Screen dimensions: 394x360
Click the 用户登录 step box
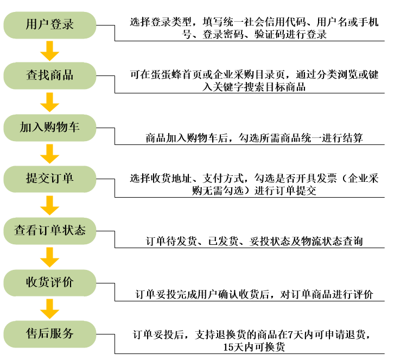click(50, 25)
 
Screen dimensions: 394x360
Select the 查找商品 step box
click(50, 75)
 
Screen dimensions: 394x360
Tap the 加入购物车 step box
click(50, 128)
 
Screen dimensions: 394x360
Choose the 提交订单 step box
click(50, 179)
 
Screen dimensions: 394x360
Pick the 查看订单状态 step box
click(50, 231)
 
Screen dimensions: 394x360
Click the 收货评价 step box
click(50, 283)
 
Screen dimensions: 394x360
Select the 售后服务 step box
click(50, 334)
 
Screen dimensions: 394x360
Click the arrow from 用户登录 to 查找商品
click(50, 51)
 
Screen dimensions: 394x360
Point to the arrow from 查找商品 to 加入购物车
click(50, 102)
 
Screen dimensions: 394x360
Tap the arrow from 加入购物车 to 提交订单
click(50, 154)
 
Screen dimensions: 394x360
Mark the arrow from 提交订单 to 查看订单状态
click(50, 206)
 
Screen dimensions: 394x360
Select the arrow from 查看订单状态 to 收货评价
click(50, 257)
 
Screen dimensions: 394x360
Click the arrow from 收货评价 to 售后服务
click(50, 309)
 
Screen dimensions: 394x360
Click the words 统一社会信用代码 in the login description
click(264, 22)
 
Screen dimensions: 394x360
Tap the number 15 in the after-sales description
click(228, 347)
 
